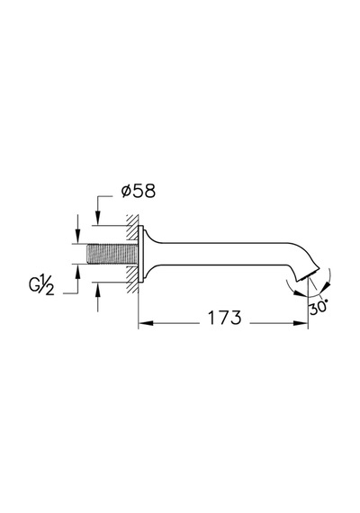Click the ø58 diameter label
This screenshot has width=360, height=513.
point(138,191)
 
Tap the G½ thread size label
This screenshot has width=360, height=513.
point(41,285)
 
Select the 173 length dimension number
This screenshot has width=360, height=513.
point(225,318)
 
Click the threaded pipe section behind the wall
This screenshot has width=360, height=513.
point(112,254)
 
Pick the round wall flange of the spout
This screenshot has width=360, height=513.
point(141,254)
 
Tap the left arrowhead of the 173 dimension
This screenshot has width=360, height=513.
point(146,323)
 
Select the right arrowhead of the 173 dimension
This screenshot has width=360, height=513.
point(301,323)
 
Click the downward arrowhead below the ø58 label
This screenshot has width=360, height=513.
point(97,218)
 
